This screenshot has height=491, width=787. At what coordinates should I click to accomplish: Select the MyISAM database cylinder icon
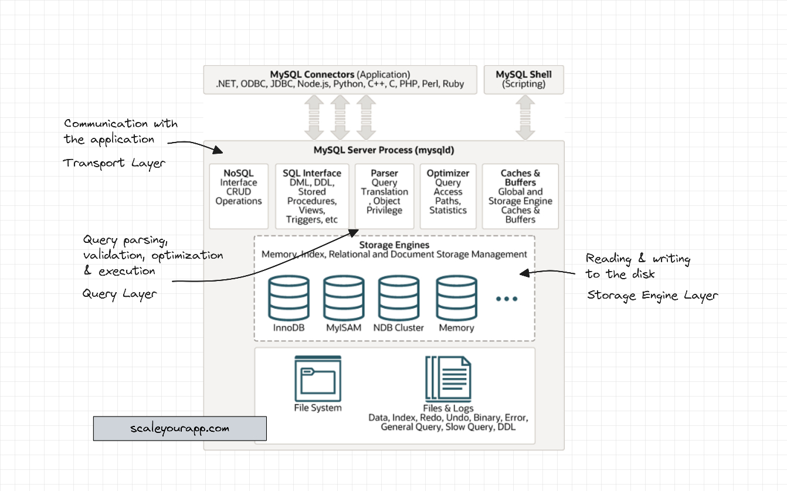(344, 298)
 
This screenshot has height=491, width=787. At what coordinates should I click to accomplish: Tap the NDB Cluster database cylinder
(399, 298)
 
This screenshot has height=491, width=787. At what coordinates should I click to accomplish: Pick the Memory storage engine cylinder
(456, 298)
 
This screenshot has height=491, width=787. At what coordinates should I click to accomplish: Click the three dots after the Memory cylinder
(507, 299)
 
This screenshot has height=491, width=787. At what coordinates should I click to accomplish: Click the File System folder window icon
(318, 378)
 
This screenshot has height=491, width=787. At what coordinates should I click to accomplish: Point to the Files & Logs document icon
(448, 378)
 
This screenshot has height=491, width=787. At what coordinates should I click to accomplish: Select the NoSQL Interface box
(239, 196)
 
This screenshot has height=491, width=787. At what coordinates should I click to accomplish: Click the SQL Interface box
(312, 196)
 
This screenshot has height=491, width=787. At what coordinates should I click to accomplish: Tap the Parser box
(385, 196)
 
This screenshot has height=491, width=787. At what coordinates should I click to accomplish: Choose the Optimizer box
(448, 196)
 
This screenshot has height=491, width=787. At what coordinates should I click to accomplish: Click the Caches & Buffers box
(520, 196)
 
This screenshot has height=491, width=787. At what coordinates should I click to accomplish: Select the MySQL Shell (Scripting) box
(524, 79)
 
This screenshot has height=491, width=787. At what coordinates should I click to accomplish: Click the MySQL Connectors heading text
(312, 75)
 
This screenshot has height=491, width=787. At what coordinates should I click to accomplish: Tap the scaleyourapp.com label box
(180, 428)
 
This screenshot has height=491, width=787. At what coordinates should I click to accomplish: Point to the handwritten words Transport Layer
(114, 164)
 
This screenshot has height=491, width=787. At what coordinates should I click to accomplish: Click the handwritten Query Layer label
(120, 293)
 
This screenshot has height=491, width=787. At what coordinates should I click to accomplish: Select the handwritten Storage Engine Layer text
(652, 296)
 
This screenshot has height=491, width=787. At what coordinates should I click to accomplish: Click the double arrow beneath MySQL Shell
(524, 117)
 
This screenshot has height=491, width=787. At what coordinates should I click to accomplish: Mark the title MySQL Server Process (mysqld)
(384, 150)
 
